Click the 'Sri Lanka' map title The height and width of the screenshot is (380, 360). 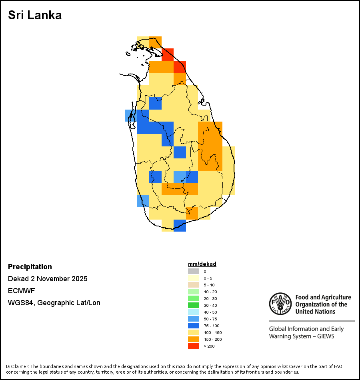35,16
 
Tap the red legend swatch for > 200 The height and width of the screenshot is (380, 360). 194,346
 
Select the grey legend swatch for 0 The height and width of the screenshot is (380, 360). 194,271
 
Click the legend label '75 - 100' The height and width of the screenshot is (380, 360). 211,326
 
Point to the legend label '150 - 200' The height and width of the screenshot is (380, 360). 212,339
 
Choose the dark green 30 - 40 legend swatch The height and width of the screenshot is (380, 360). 194,305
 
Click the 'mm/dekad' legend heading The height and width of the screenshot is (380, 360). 202,264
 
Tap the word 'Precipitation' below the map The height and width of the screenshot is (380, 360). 30,267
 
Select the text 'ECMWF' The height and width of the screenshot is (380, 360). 19,291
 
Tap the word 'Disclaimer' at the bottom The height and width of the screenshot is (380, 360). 17,366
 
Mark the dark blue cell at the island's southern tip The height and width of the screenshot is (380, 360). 180,226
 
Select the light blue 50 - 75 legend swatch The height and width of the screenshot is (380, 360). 194,319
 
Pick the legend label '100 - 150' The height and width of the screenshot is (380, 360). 212,332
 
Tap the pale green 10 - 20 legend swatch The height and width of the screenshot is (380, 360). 194,292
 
